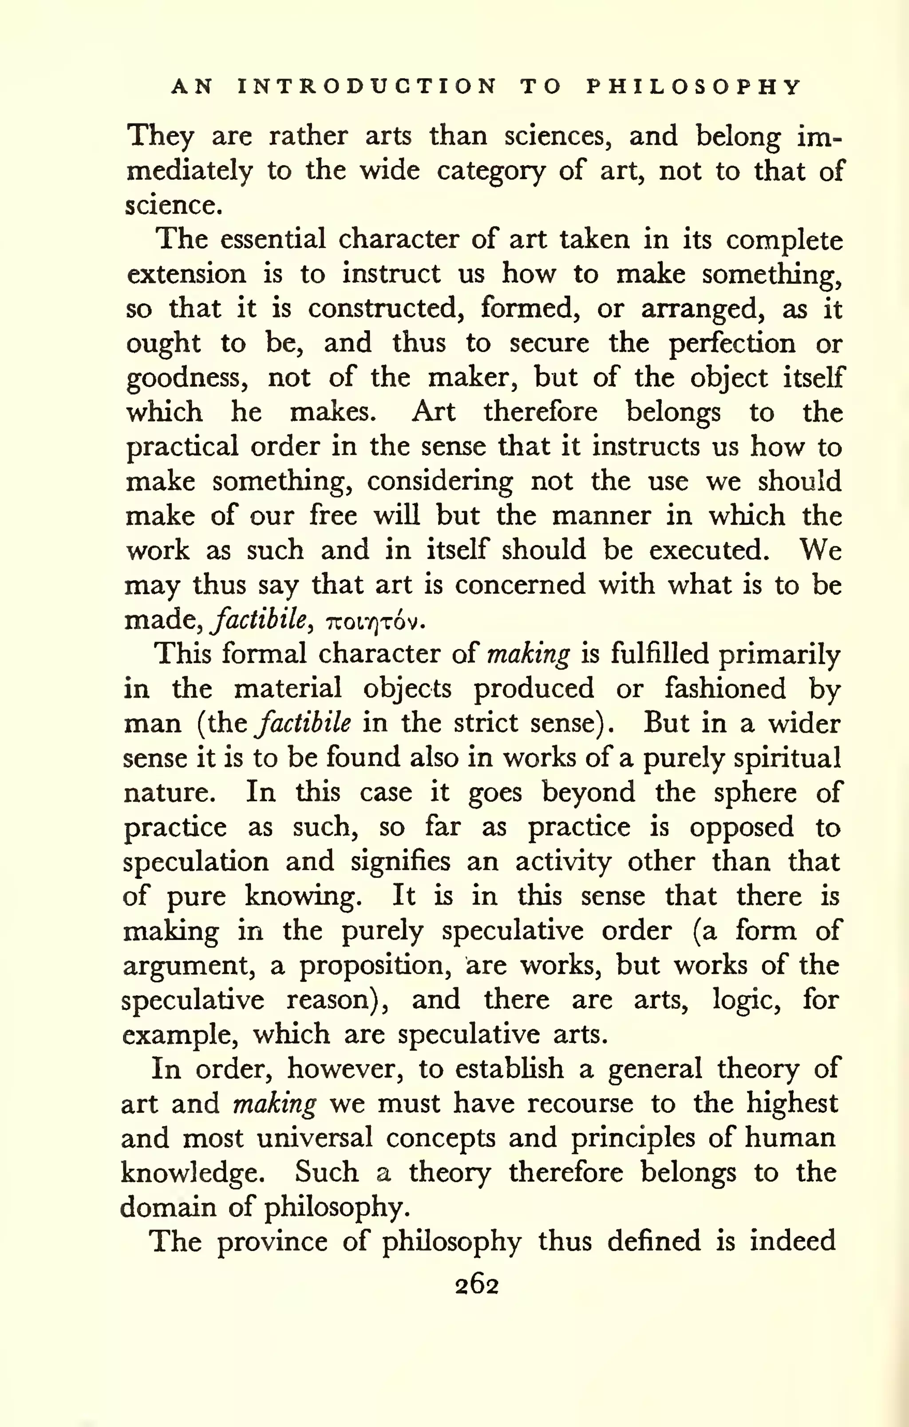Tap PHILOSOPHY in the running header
(694, 87)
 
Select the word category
(490, 172)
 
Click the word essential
(273, 239)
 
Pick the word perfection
(732, 344)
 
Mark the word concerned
(520, 585)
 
